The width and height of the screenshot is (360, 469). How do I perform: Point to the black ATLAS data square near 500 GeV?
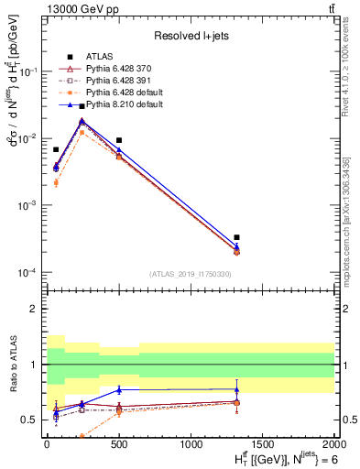119,140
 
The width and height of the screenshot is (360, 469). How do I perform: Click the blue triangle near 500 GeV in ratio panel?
119,389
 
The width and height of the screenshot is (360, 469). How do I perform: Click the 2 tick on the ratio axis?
35,309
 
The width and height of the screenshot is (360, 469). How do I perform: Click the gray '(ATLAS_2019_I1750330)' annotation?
190,274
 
